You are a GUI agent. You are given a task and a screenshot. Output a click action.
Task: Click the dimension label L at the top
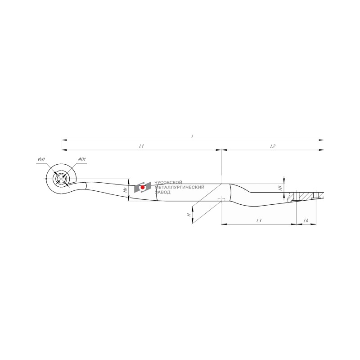coord(193,136)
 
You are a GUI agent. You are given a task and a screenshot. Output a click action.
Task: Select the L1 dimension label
coord(141,146)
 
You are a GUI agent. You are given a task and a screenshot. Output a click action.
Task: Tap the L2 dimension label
coord(273,146)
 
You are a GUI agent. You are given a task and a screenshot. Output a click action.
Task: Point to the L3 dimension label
coord(259,220)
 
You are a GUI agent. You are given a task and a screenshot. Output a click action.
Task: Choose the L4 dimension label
coord(306,220)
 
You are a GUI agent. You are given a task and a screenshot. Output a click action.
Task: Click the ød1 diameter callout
coord(41,159)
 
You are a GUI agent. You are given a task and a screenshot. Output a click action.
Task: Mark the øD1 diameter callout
coord(81,159)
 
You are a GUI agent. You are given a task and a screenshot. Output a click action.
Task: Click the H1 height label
coord(280,188)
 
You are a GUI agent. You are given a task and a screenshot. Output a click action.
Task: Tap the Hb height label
coord(125,190)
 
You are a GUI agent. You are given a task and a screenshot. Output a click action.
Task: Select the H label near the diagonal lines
coord(189,215)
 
